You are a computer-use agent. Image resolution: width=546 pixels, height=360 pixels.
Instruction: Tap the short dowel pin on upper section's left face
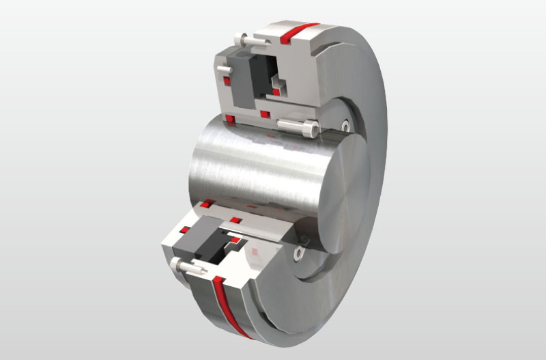pyautogui.click(x=222, y=70)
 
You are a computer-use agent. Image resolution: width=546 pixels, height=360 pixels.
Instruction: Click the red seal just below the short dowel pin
pyautogui.click(x=228, y=83)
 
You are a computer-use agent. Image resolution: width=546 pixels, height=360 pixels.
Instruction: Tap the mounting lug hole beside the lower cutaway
pyautogui.click(x=298, y=254)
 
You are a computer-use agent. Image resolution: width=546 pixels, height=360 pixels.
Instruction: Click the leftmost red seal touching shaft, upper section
pyautogui.click(x=230, y=121)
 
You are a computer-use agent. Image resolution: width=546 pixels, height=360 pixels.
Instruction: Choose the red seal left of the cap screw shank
pyautogui.click(x=264, y=114)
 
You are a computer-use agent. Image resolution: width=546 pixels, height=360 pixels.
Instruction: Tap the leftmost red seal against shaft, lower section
pyautogui.click(x=207, y=203)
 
